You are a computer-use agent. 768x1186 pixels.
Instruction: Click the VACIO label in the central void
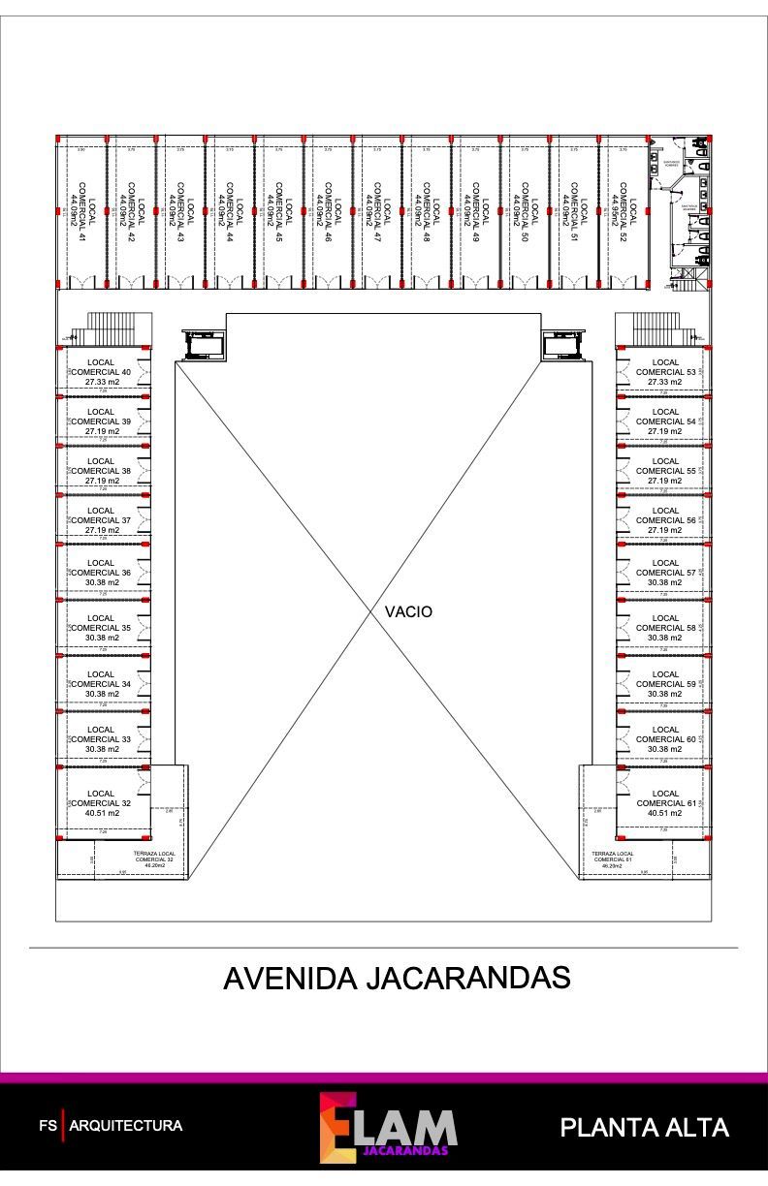point(408,612)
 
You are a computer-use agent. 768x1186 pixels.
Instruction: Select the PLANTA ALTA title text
point(644,1127)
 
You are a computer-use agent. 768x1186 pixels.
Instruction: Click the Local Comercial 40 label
point(101,372)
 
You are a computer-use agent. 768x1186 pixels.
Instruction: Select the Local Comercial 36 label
point(101,573)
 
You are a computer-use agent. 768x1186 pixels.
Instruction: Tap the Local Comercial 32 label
point(101,803)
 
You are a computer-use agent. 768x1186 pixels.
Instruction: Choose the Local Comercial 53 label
point(665,372)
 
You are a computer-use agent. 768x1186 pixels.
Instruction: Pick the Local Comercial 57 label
point(665,573)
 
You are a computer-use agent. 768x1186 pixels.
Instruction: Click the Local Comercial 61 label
point(665,803)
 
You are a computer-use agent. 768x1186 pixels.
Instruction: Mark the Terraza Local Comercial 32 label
point(154,859)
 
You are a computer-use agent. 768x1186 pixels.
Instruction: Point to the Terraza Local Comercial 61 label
point(613,859)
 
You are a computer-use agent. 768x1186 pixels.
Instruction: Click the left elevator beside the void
point(204,343)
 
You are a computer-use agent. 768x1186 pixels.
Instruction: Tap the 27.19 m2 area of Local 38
point(101,481)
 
